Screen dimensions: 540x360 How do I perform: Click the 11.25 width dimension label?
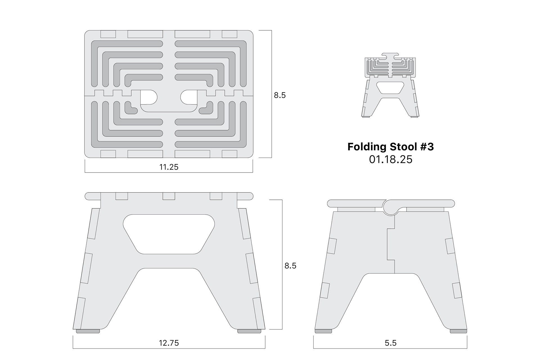point(169,167)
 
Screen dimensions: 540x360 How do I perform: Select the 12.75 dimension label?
point(169,343)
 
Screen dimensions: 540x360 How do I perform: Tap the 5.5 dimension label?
point(390,343)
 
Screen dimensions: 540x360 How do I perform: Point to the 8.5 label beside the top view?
point(280,95)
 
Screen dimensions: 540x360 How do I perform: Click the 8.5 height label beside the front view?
point(290,266)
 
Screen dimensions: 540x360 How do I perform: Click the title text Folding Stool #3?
point(390,147)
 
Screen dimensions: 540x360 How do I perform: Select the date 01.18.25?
point(390,159)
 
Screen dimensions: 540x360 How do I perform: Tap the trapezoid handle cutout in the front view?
point(169,234)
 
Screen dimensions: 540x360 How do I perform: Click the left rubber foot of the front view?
point(88,331)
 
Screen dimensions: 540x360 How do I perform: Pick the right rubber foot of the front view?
point(249,331)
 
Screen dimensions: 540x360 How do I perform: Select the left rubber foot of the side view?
point(323,331)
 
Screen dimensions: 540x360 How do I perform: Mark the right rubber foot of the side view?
point(458,331)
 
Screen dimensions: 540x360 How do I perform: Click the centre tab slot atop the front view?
point(169,196)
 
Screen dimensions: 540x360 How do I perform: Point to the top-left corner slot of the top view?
point(108,34)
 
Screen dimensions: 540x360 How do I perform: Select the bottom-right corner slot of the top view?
point(229,154)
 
